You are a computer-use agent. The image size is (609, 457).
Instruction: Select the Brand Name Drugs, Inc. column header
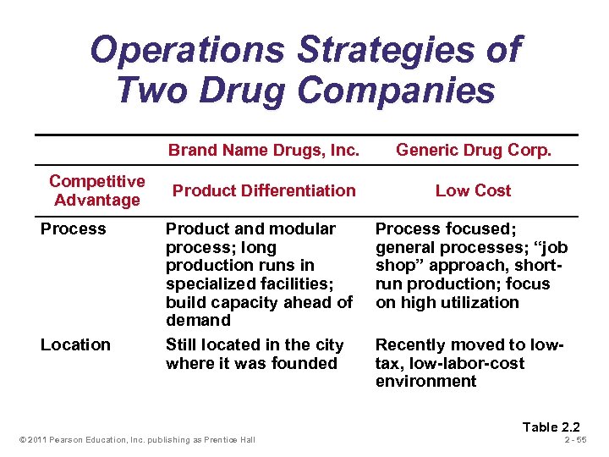(x=264, y=151)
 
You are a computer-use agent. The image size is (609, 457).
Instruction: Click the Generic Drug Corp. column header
(x=473, y=151)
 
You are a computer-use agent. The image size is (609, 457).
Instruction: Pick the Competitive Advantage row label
(x=96, y=190)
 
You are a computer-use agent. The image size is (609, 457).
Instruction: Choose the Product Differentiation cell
(x=264, y=190)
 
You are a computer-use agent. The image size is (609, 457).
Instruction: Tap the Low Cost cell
(x=473, y=190)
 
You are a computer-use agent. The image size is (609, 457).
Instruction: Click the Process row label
(x=74, y=228)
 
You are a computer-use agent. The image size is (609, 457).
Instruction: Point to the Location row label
(x=75, y=344)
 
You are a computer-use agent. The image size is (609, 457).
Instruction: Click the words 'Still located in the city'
(x=255, y=344)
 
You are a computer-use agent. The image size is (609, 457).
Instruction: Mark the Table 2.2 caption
(x=551, y=427)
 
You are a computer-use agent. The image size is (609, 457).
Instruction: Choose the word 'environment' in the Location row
(x=425, y=381)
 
